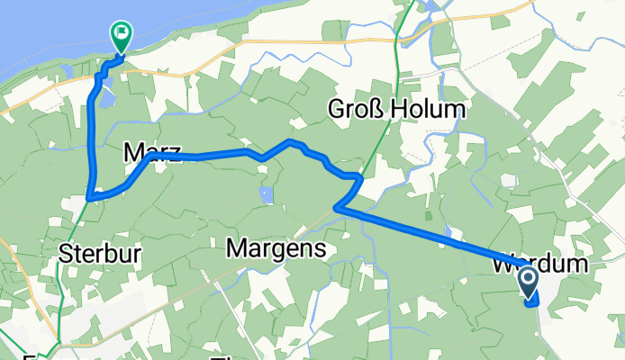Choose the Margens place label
(x=276, y=247)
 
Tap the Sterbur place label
(x=99, y=254)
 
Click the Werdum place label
(x=540, y=265)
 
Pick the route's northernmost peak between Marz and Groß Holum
(x=290, y=141)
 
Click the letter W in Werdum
(x=503, y=265)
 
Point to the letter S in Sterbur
(x=65, y=254)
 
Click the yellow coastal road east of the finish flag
(x=270, y=40)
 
